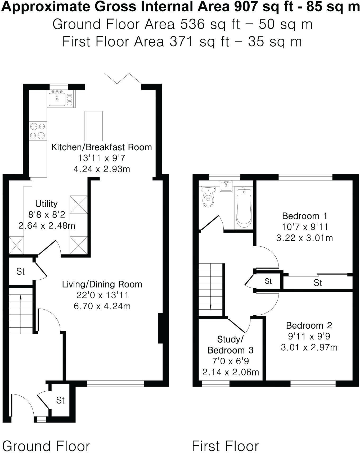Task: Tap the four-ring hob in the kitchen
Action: tap(37, 131)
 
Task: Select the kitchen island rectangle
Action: tap(93, 126)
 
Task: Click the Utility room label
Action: tap(47, 203)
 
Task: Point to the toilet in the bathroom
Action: tap(208, 197)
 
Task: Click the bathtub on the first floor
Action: tap(244, 208)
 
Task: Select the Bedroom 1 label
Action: tap(305, 216)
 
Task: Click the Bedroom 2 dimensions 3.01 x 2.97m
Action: tap(309, 347)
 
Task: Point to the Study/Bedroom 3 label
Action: tap(230, 345)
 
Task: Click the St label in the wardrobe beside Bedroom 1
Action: tap(318, 283)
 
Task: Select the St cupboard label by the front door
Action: tap(60, 400)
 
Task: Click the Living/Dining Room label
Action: tap(102, 284)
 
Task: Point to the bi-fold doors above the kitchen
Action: tap(123, 79)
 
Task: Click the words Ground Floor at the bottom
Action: tap(46, 446)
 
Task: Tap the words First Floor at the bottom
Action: tap(225, 446)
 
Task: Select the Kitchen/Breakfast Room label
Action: tap(101, 147)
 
